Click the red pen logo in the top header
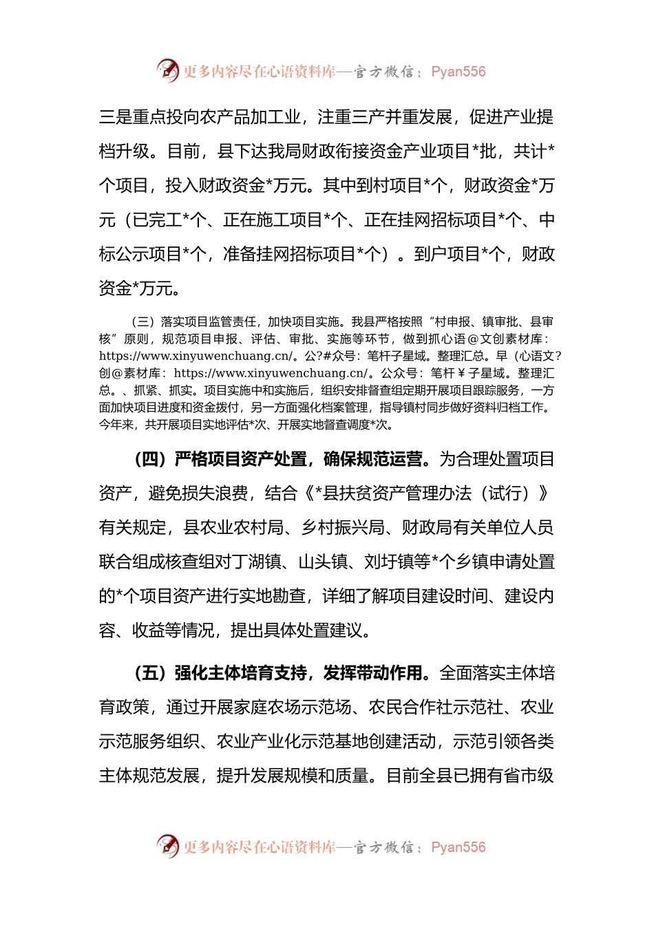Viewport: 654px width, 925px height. pos(167,70)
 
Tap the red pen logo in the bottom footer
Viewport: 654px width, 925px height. pos(167,846)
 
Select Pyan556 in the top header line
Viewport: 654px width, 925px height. pos(458,72)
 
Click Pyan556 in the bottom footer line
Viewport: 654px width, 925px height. pos(458,847)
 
